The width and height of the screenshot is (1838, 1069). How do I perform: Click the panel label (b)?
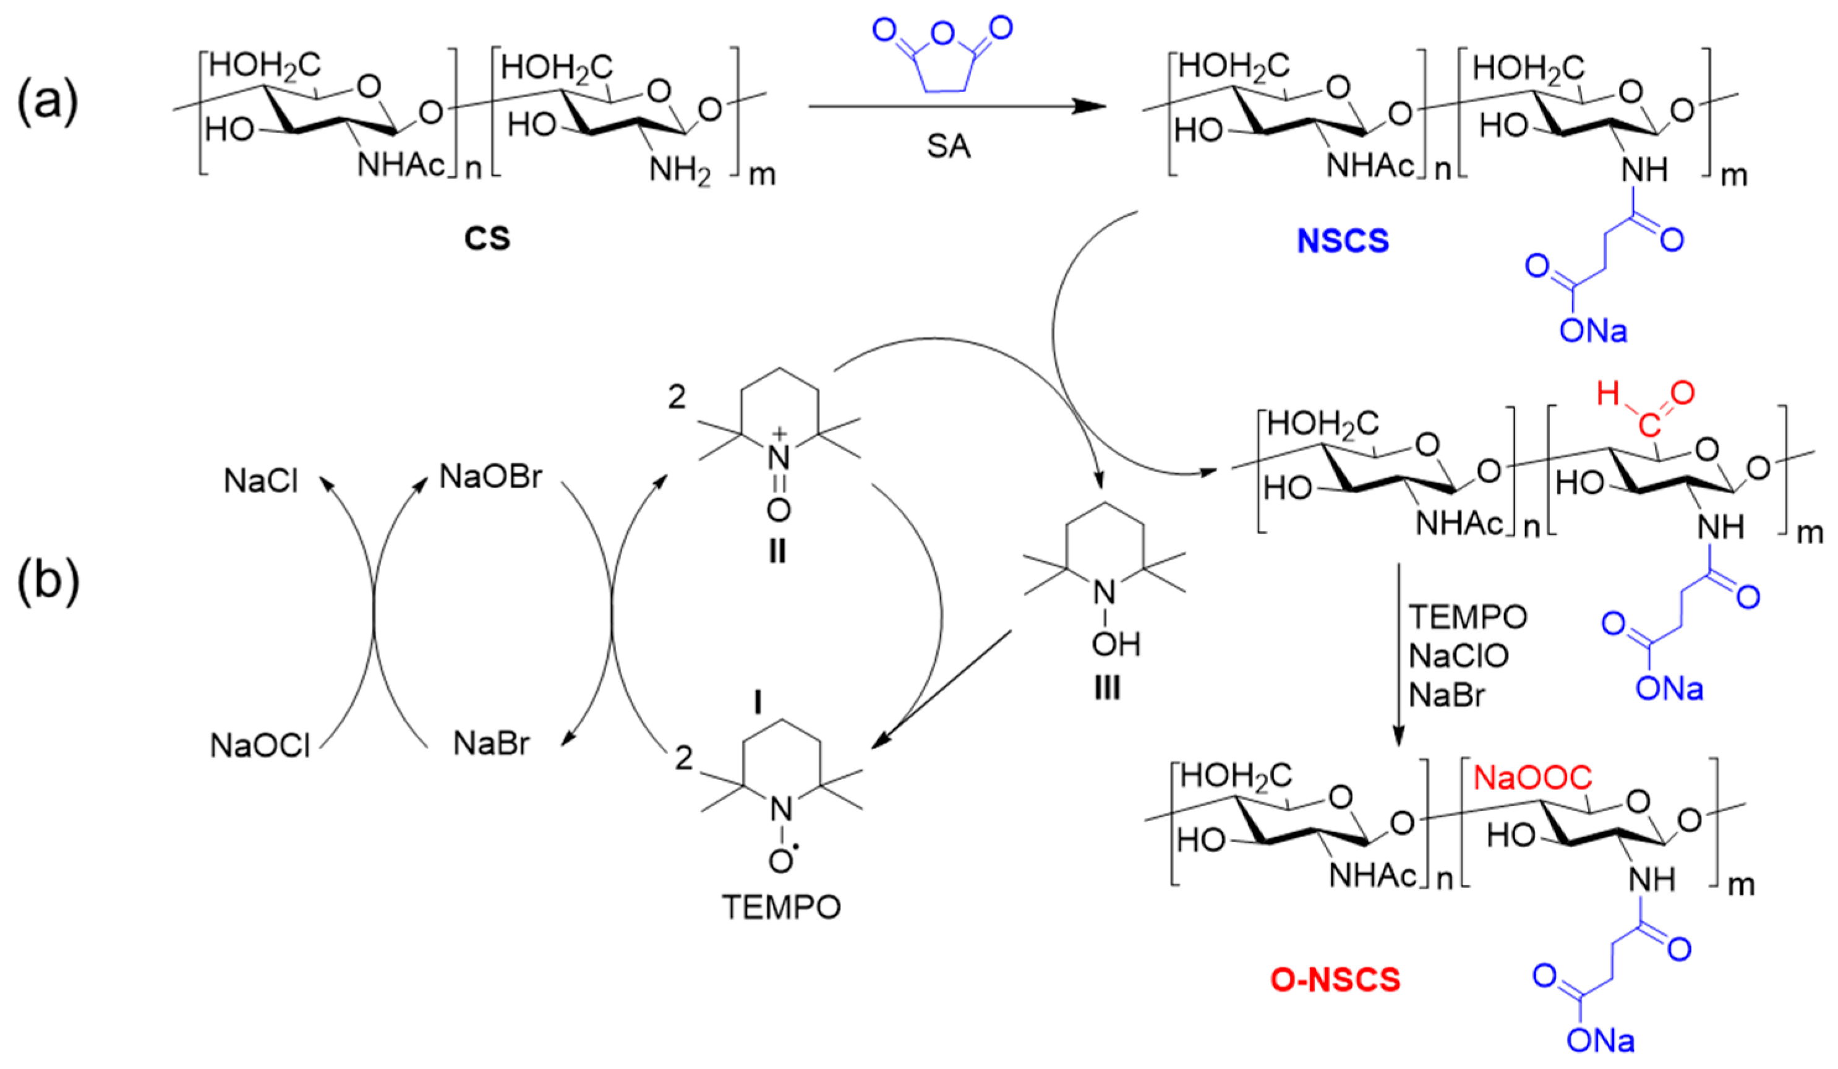(x=48, y=582)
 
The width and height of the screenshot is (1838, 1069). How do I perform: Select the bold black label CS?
(x=487, y=239)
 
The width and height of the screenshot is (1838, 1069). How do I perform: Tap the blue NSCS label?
(x=1343, y=241)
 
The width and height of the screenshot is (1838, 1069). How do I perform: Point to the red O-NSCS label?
(x=1335, y=980)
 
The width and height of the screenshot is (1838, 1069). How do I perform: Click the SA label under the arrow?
(x=949, y=147)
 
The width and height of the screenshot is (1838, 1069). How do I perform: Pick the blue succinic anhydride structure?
(x=943, y=54)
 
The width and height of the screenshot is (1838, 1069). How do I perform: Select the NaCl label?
(x=261, y=481)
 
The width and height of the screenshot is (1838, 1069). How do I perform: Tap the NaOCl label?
(x=260, y=745)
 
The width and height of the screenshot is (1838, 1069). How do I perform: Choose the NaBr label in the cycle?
(x=492, y=744)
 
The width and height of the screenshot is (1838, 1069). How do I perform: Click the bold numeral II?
(x=777, y=552)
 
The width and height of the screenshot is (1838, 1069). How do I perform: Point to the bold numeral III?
(x=1107, y=688)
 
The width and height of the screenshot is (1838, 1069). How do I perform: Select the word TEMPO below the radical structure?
(x=781, y=908)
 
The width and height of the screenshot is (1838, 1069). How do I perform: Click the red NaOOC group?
(x=1532, y=779)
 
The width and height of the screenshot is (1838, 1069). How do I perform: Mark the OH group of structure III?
(x=1116, y=645)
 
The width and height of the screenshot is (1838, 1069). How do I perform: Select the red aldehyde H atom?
(x=1607, y=395)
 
